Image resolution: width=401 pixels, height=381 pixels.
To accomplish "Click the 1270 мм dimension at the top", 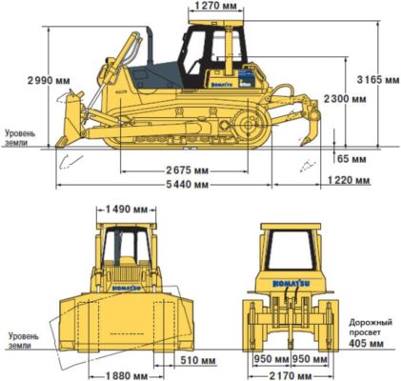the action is coord(216,6).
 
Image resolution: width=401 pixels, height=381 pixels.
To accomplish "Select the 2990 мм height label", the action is coord(49,81).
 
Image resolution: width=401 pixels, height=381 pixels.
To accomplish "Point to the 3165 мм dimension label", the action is coord(378,79).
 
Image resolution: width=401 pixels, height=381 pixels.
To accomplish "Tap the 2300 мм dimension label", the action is coord(345,99).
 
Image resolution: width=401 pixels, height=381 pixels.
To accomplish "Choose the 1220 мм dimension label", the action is coord(349,180).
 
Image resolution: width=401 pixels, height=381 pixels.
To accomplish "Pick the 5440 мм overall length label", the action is coord(188,184).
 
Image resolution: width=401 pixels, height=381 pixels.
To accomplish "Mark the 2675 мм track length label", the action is coord(188,170).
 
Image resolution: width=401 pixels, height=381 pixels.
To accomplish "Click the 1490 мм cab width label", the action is coord(127,209).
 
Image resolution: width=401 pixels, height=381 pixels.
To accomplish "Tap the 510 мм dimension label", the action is coord(198,360).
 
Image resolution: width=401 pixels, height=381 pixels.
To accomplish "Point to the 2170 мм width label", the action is coord(291,376).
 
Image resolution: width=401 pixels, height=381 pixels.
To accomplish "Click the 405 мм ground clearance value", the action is coord(366,343).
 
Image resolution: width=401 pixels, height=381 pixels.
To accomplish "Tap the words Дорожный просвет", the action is coord(371,328).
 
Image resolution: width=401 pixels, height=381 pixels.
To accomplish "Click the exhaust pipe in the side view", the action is coord(150,45).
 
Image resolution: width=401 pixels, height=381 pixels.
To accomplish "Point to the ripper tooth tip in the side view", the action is coord(301,145).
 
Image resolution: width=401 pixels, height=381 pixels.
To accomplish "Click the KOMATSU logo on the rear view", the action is coord(291,284).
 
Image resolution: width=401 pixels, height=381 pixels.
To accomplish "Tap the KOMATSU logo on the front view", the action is coord(127,288).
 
